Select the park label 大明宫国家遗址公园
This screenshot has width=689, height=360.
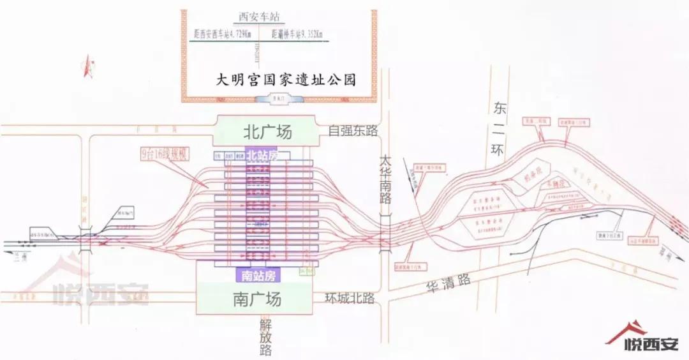tap(285, 80)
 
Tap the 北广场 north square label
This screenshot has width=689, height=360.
tap(267, 132)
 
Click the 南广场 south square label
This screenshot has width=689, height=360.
tap(257, 298)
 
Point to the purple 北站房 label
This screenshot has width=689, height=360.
tap(262, 155)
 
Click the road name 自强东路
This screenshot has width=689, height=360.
tap(353, 131)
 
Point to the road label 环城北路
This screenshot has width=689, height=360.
tap(349, 298)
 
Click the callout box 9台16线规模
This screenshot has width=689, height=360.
tap(165, 154)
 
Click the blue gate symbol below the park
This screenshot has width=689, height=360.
tap(276, 99)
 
